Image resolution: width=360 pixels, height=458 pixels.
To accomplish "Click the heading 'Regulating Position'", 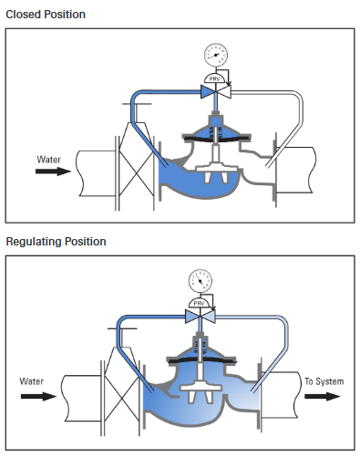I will tap(56, 242).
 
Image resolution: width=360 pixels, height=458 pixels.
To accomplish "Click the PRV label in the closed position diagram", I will tap(215, 78).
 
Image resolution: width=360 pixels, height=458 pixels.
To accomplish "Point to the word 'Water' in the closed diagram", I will tap(48, 159).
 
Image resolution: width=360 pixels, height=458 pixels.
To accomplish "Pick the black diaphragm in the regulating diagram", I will tap(201, 359).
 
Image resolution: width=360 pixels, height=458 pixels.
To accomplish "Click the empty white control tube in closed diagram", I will tap(292, 109).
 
